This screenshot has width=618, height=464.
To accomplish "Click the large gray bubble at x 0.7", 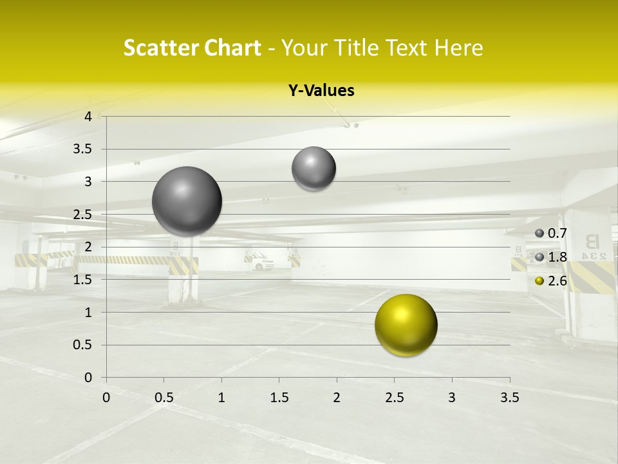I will (x=187, y=201).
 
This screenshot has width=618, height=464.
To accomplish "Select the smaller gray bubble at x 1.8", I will (x=314, y=168).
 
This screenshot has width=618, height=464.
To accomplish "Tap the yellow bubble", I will (x=406, y=325).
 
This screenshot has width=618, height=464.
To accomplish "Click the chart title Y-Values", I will (x=321, y=91).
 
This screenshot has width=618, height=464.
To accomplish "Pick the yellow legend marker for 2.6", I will (x=539, y=281).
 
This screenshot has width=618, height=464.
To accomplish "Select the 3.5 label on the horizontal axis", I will (x=509, y=398).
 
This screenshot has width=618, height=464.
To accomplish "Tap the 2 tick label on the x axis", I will (x=337, y=398).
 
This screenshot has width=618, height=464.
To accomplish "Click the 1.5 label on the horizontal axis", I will (x=279, y=398).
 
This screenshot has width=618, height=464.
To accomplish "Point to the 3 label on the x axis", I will (x=452, y=398).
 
